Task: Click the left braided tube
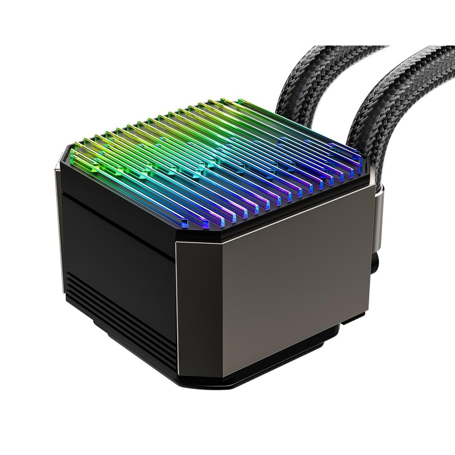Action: (302, 81)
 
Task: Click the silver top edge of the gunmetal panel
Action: (276, 216)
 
